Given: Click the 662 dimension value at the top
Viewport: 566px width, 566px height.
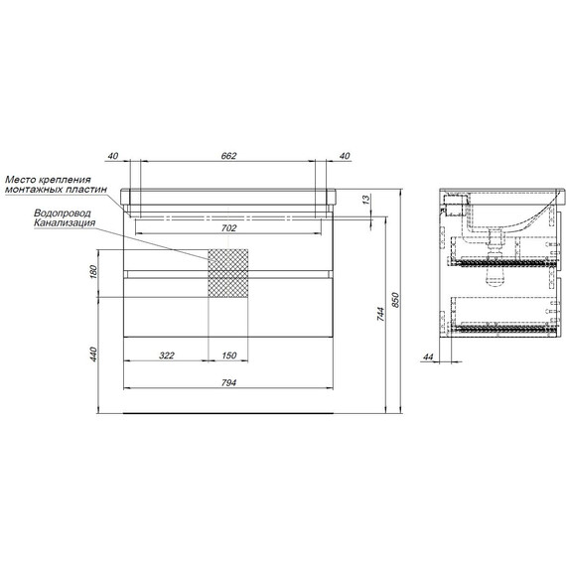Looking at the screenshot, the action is pyautogui.click(x=228, y=156).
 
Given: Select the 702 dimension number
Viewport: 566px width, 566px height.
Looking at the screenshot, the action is pyautogui.click(x=228, y=228).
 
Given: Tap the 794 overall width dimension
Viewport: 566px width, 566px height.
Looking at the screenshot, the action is pyautogui.click(x=228, y=382).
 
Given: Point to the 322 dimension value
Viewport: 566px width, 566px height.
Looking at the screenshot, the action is pyautogui.click(x=167, y=355).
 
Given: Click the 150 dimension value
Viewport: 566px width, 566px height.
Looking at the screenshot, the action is pyautogui.click(x=228, y=355).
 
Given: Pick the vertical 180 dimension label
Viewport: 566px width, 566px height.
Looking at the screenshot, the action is pyautogui.click(x=93, y=271).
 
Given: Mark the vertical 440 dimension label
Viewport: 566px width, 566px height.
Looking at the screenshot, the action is pyautogui.click(x=93, y=354).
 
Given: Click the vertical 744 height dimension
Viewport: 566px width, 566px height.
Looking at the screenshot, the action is pyautogui.click(x=381, y=314).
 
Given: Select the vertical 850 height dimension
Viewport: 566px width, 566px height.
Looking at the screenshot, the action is pyautogui.click(x=395, y=300).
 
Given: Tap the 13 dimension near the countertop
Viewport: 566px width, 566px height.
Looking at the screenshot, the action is pyautogui.click(x=365, y=200).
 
